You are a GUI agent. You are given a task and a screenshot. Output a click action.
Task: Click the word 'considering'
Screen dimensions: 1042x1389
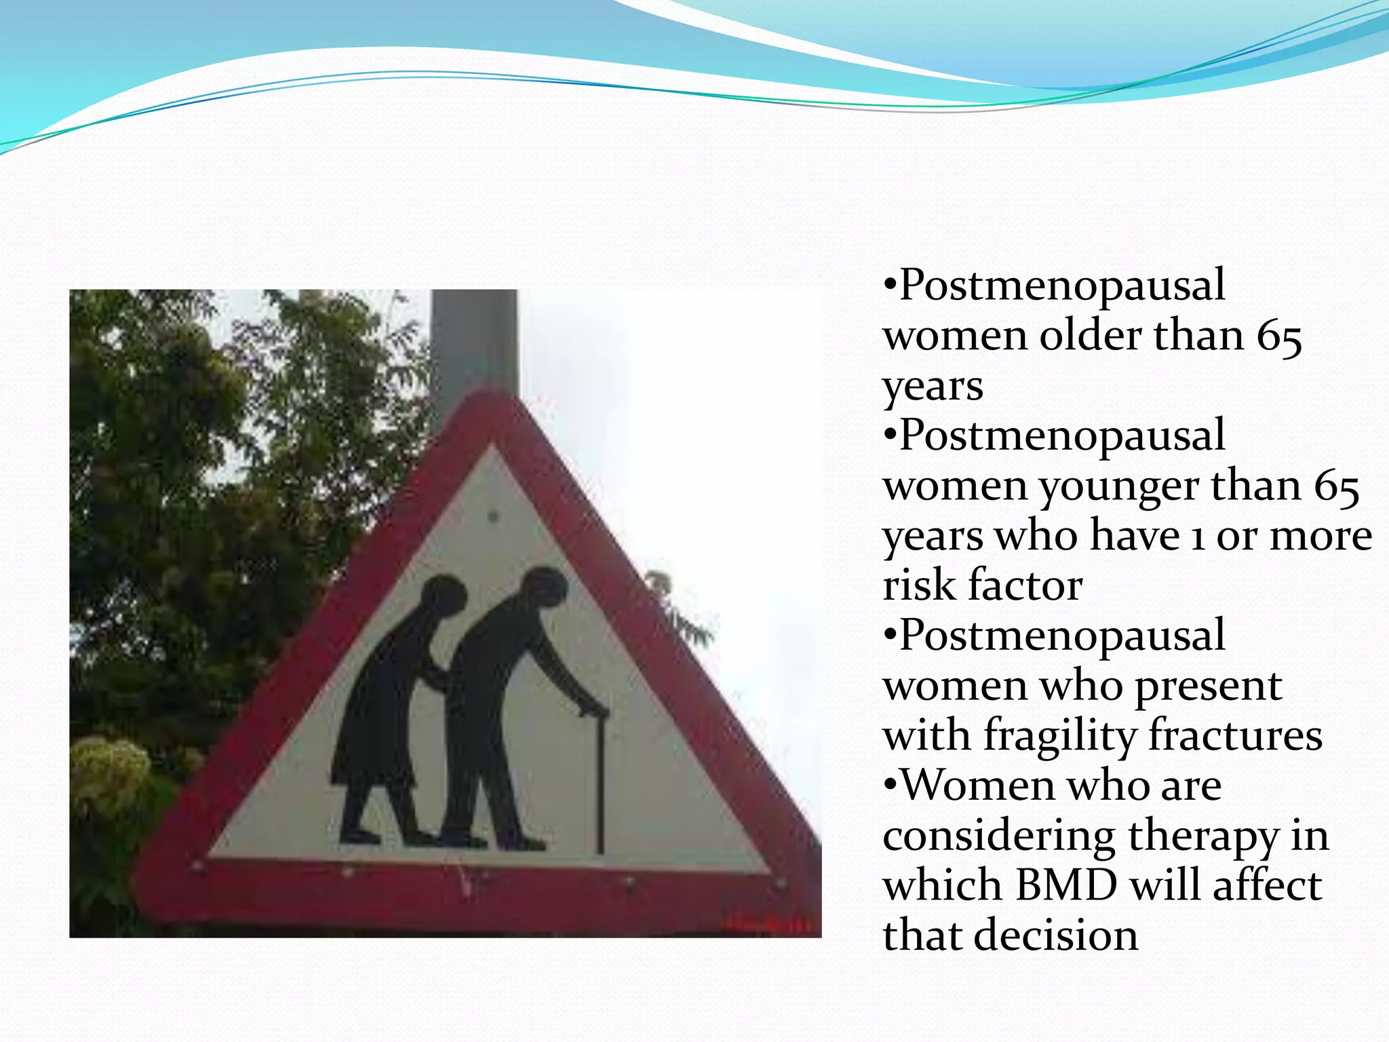coord(999,836)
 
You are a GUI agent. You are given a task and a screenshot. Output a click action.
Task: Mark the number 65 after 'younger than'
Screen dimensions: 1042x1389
coord(1336,486)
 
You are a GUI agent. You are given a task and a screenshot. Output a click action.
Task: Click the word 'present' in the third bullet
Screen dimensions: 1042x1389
coord(1208,686)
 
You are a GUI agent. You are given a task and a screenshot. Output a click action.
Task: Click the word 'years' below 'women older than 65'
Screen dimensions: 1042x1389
coord(933,387)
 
